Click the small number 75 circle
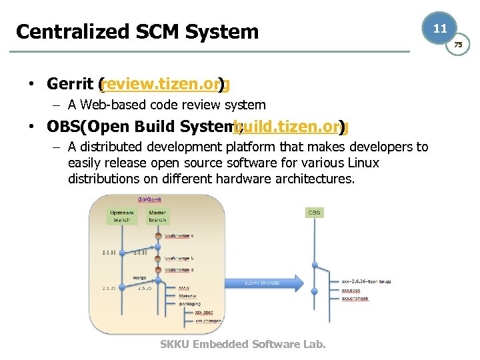click(x=458, y=45)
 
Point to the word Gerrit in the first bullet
click(x=69, y=85)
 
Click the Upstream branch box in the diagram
click(x=121, y=216)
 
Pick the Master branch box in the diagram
click(x=157, y=216)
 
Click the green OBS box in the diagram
click(x=314, y=213)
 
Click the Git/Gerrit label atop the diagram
click(x=149, y=199)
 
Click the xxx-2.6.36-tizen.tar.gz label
click(x=365, y=282)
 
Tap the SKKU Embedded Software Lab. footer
click(x=243, y=344)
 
